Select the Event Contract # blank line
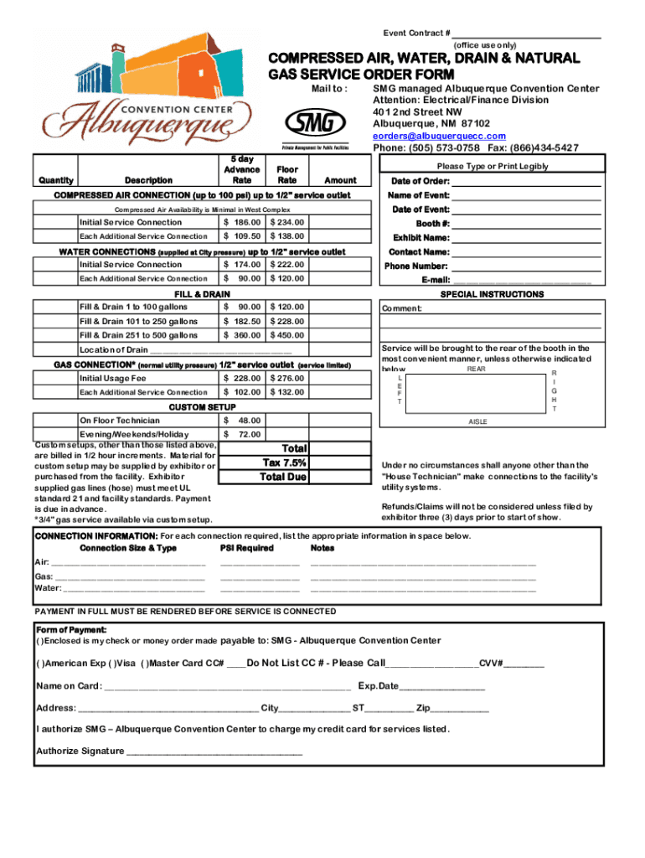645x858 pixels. [527, 34]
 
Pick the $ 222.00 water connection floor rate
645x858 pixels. [286, 265]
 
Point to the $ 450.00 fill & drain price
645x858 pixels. [286, 335]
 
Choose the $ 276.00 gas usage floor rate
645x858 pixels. [286, 379]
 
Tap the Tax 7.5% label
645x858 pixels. [284, 463]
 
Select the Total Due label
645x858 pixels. [284, 477]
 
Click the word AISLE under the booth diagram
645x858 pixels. [477, 422]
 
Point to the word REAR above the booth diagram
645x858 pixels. [476, 369]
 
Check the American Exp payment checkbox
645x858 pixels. [41, 664]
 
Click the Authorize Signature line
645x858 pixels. [214, 752]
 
